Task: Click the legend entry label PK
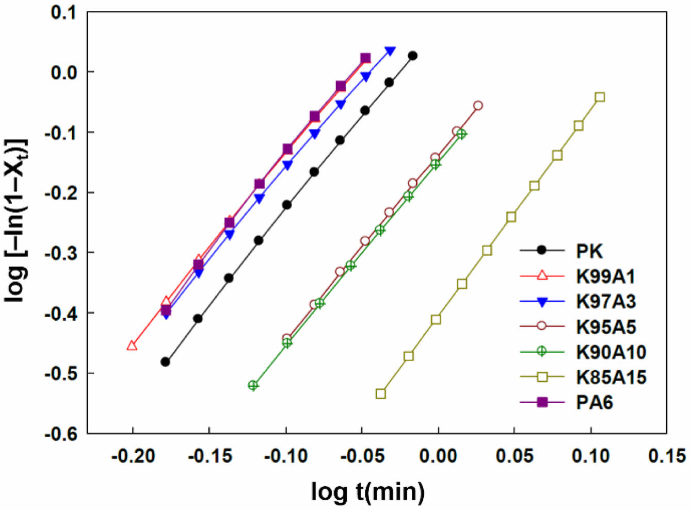click(x=589, y=251)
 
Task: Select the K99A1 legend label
click(x=605, y=276)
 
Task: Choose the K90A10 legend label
click(x=611, y=352)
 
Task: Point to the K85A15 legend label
click(x=611, y=377)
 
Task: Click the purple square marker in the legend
click(x=542, y=402)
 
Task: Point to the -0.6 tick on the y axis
click(x=60, y=434)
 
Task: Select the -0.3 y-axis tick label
click(x=60, y=253)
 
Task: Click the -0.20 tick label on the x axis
click(x=133, y=456)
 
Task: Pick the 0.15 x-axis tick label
click(x=666, y=456)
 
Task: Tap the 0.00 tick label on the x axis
click(x=438, y=456)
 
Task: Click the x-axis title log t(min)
click(x=368, y=491)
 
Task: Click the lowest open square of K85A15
click(x=381, y=393)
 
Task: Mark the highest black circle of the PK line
click(x=412, y=56)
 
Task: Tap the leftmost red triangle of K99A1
click(x=132, y=346)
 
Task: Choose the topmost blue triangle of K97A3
click(x=390, y=51)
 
